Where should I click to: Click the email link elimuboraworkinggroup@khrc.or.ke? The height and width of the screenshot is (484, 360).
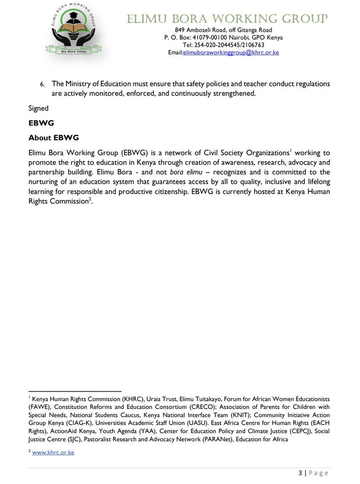pyautogui.click(x=231, y=53)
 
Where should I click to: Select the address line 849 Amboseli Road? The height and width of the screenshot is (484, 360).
pyautogui.click(x=223, y=30)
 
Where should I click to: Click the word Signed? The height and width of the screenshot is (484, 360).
pyautogui.click(x=38, y=108)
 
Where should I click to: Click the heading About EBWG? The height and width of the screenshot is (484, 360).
pyautogui.click(x=54, y=138)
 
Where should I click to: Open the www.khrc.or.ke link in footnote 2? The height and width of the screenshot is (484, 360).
pyautogui.click(x=53, y=453)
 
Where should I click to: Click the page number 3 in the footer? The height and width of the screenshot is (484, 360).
pyautogui.click(x=300, y=473)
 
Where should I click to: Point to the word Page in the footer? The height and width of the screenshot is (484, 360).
pyautogui.click(x=319, y=473)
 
